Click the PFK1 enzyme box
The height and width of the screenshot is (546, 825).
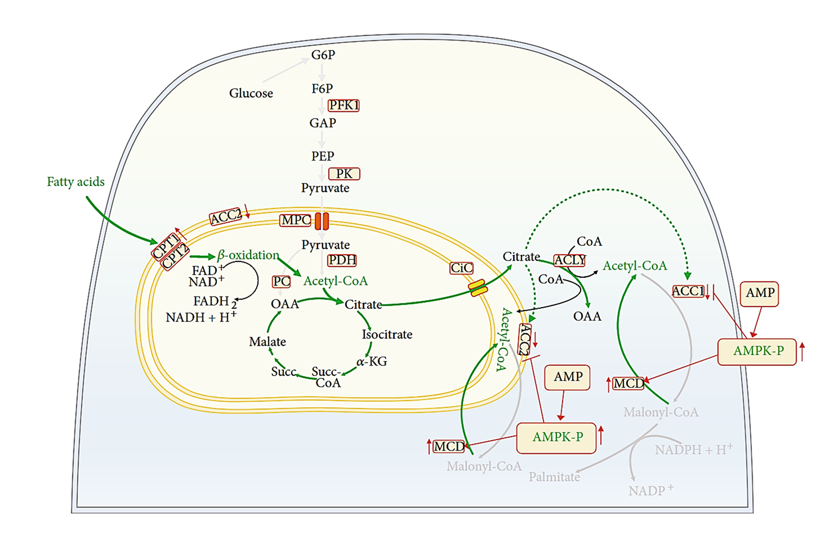(344, 105)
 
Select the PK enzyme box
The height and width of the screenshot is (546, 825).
(344, 174)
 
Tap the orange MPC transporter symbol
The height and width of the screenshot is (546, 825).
(322, 221)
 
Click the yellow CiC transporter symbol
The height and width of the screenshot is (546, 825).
(478, 288)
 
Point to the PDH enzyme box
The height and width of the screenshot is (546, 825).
(342, 260)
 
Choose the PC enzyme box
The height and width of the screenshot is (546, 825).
(282, 282)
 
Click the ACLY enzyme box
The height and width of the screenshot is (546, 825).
(570, 260)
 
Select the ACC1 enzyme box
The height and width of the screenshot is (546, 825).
(688, 291)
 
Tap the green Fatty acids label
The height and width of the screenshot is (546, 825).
(75, 182)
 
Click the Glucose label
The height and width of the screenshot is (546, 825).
(251, 94)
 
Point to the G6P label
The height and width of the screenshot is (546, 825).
(323, 55)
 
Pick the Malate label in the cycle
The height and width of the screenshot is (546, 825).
(267, 342)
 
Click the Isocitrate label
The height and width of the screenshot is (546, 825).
(387, 335)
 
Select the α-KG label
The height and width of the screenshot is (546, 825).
(372, 362)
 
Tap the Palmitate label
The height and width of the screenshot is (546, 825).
(554, 477)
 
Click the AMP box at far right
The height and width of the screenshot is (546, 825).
(760, 294)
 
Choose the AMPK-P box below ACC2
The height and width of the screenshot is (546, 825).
(557, 438)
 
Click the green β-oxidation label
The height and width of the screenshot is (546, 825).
(248, 255)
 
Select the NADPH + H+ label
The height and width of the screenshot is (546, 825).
(693, 450)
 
